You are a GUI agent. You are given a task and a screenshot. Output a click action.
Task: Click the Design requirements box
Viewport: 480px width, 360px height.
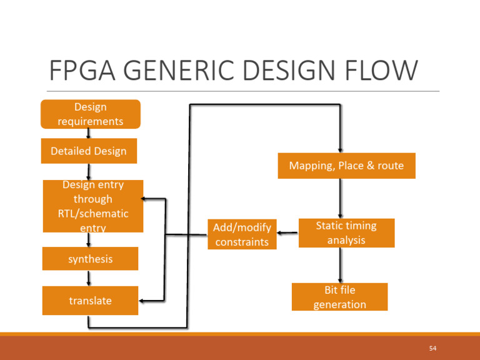click(90, 114)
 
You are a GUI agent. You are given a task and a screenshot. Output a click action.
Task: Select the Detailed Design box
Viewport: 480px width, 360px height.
click(89, 151)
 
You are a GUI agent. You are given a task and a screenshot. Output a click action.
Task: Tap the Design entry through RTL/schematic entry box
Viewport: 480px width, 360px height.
click(92, 206)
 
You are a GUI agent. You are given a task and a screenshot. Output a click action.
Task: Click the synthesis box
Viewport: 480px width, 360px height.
click(90, 259)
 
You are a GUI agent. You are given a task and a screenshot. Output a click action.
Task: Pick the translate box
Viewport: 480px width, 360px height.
click(90, 301)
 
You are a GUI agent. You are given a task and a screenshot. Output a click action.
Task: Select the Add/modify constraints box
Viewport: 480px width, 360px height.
click(242, 234)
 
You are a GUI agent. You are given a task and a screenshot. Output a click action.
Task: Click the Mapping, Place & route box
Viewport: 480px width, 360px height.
click(346, 166)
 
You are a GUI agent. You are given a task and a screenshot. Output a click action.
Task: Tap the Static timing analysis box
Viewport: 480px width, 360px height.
click(346, 232)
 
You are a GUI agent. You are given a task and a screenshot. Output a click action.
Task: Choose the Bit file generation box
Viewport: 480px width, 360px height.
click(339, 297)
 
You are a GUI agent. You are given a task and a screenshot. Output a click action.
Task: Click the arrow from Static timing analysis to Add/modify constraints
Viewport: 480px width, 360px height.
click(287, 234)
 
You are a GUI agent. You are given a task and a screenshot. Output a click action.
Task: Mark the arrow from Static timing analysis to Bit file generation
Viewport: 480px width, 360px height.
click(339, 265)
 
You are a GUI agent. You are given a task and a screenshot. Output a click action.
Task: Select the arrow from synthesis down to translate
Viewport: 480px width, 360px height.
click(89, 278)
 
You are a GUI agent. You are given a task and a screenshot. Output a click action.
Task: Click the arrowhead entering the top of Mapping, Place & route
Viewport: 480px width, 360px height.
click(339, 149)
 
